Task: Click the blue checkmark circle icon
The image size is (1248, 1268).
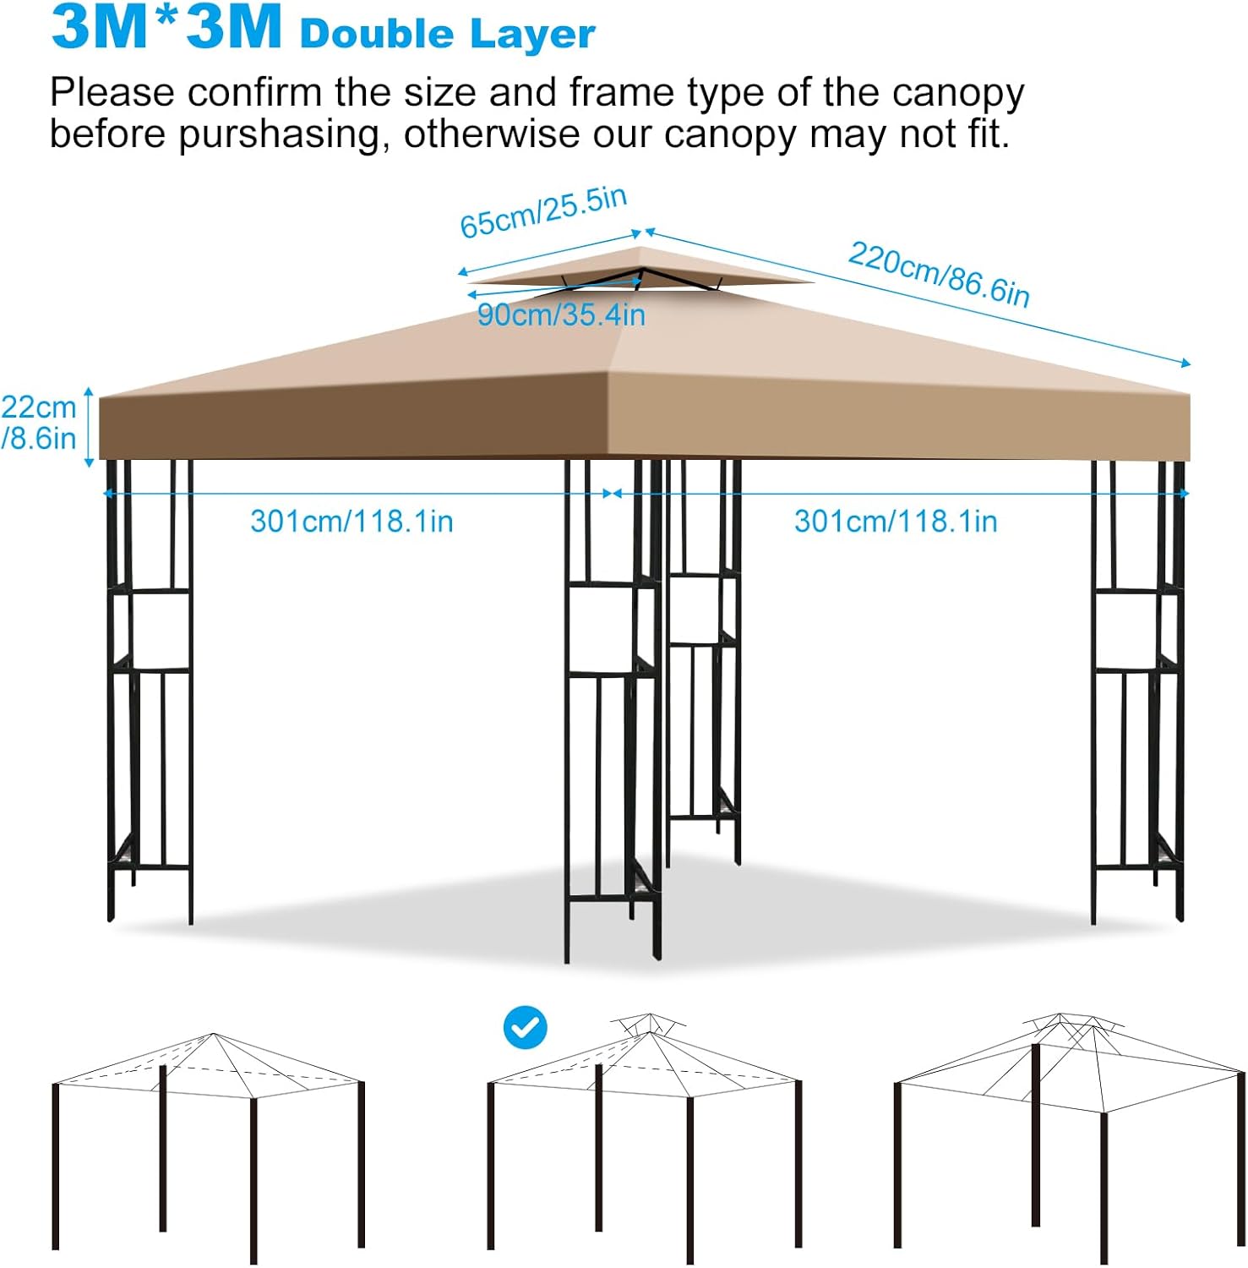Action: [525, 1027]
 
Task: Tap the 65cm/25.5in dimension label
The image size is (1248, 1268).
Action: [542, 212]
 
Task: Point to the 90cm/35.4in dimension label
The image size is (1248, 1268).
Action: [561, 315]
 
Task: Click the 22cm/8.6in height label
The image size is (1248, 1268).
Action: [39, 423]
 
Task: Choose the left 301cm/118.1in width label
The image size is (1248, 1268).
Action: [352, 521]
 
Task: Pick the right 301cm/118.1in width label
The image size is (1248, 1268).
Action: [896, 521]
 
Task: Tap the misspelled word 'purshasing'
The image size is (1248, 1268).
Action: [284, 134]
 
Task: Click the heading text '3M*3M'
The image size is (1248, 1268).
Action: [166, 27]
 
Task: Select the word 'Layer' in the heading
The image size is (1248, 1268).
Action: [532, 34]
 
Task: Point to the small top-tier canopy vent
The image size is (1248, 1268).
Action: [640, 270]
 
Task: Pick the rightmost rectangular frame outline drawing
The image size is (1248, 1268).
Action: [1069, 1133]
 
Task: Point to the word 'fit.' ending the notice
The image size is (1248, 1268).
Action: [984, 134]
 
